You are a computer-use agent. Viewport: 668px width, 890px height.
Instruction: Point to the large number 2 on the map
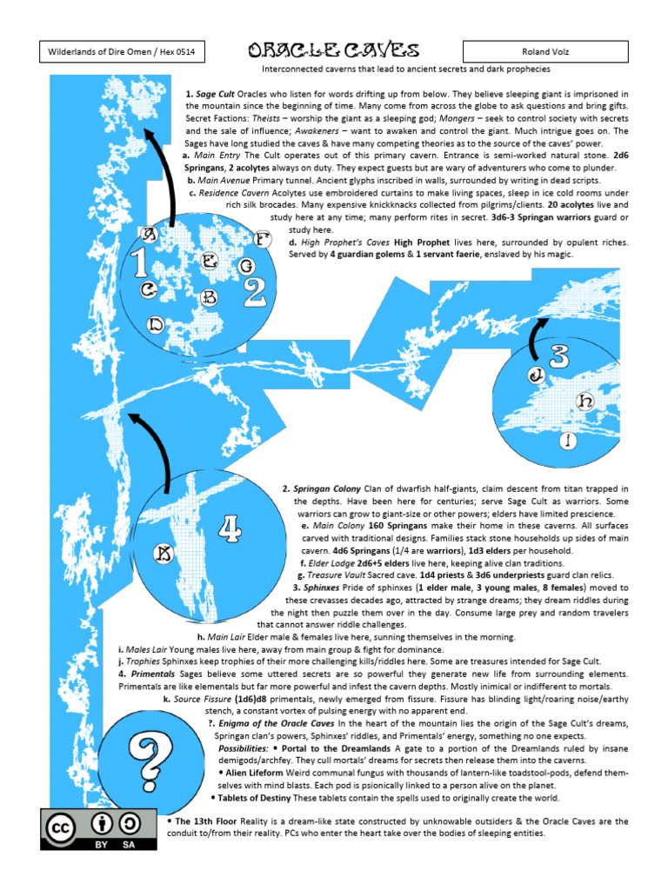click(x=255, y=292)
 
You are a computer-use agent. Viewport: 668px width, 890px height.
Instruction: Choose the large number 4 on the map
click(x=229, y=528)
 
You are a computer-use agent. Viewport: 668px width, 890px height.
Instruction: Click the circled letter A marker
click(x=150, y=234)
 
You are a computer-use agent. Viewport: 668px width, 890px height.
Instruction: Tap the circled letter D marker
click(x=156, y=323)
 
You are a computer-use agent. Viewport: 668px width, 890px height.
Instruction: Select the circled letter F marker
click(x=263, y=238)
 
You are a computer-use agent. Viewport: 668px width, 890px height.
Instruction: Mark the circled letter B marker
click(x=209, y=297)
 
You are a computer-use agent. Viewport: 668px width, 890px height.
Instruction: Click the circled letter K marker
click(x=163, y=553)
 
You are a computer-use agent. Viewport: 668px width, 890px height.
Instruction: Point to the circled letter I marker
click(x=568, y=441)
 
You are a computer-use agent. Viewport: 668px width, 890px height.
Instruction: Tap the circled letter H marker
click(x=586, y=401)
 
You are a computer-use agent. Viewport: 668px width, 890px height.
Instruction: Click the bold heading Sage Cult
click(x=217, y=94)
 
